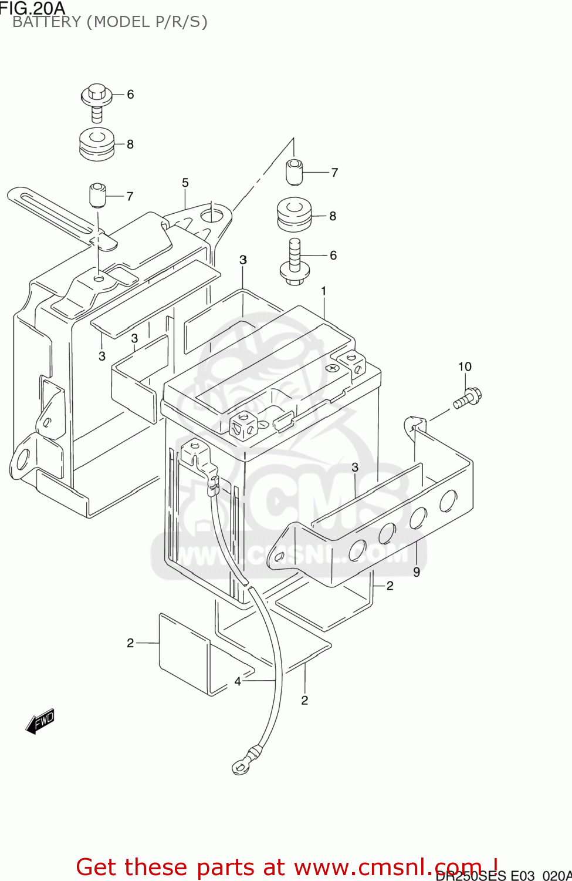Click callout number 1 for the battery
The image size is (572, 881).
323,291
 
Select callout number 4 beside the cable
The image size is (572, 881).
238,681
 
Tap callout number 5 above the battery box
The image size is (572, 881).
185,183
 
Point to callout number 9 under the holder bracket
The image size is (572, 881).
417,572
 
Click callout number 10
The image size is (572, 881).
465,366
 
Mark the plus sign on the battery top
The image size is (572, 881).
333,368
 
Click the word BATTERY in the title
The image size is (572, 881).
47,22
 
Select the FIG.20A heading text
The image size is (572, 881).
33,8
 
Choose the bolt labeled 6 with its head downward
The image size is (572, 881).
295,262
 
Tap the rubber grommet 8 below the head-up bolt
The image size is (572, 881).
97,143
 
